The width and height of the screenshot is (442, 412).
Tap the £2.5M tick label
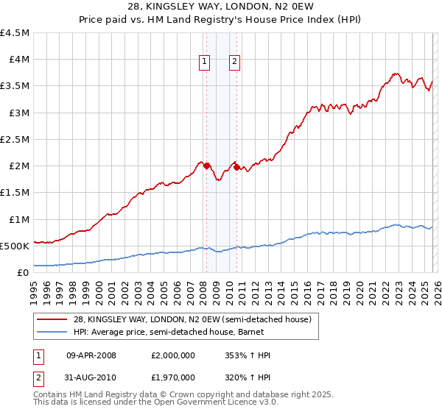click(15, 139)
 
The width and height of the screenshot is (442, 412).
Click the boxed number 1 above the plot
click(203, 62)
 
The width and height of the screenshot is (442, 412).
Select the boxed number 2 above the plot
click(234, 62)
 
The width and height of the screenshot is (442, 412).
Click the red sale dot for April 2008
click(206, 166)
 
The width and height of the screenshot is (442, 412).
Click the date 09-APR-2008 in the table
click(92, 355)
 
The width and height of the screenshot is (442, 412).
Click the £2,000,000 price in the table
click(172, 355)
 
